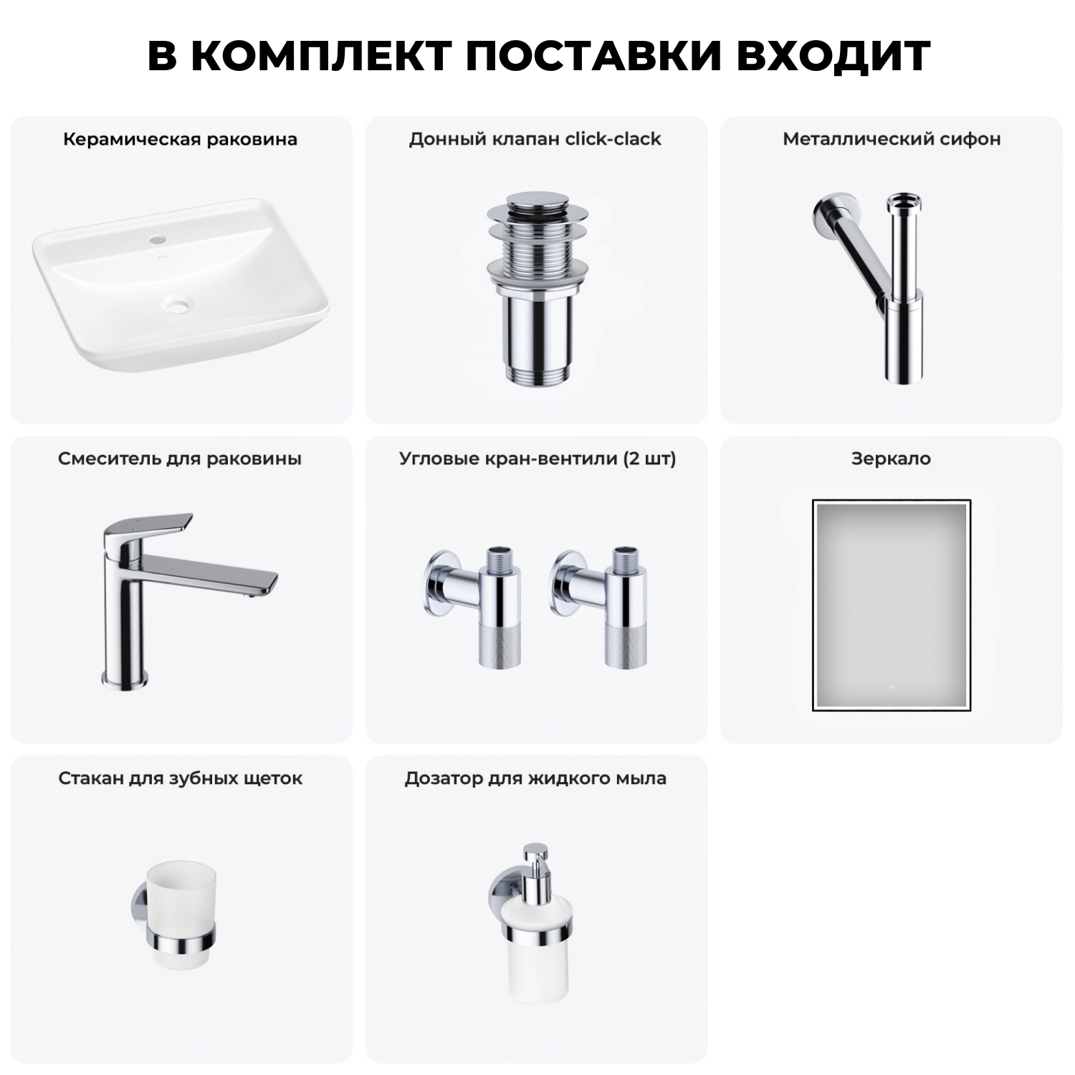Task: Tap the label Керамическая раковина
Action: (x=180, y=139)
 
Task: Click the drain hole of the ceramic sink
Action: (x=178, y=305)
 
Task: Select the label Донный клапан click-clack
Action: (x=535, y=139)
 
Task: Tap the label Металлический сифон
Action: (x=891, y=139)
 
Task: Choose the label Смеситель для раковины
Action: (x=180, y=459)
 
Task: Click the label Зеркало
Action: (x=891, y=459)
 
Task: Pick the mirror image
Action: (x=891, y=606)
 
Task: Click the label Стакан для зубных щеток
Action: (x=180, y=778)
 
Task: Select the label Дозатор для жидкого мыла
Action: (x=535, y=778)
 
